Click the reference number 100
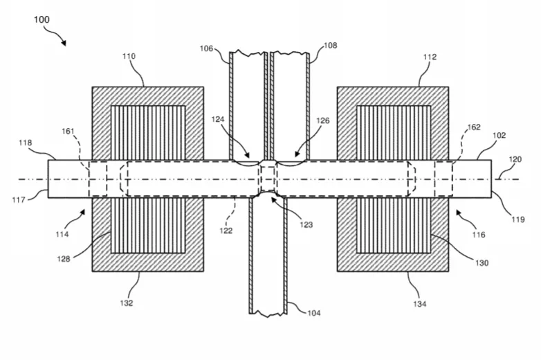(42, 19)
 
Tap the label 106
(206, 48)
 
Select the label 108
(330, 46)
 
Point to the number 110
(129, 56)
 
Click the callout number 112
(430, 57)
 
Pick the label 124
(218, 120)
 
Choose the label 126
(323, 120)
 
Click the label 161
(68, 131)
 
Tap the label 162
(474, 127)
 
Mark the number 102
(499, 135)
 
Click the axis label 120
(515, 159)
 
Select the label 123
(306, 225)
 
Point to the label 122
(226, 231)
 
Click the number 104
(314, 313)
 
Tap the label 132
(127, 303)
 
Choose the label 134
(420, 304)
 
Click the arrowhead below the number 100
(63, 42)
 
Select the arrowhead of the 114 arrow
(82, 212)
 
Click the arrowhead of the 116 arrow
(459, 213)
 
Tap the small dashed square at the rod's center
(268, 179)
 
